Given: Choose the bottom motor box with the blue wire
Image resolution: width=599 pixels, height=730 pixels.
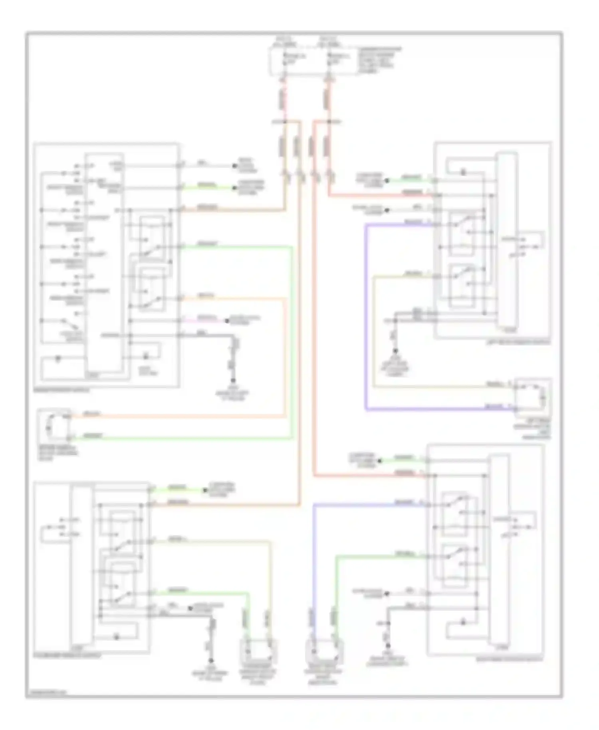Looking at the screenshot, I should (324, 652).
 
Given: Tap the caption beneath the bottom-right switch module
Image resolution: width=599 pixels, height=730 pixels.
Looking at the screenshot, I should (510, 660).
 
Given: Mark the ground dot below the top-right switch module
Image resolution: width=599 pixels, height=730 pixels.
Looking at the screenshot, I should (395, 351).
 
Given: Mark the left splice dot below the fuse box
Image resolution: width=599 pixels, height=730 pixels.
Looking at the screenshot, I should (285, 121).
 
